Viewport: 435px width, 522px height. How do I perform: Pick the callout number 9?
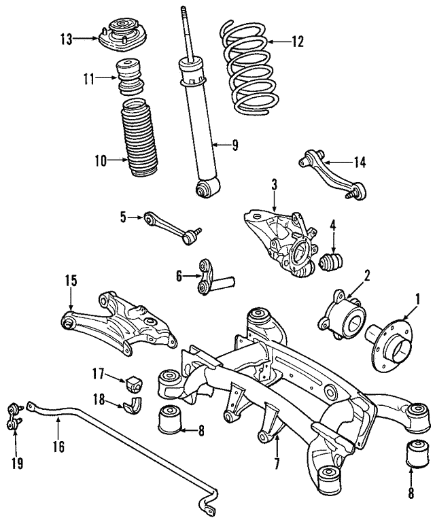(x=234, y=144)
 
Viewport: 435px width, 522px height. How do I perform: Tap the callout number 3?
(x=274, y=184)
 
